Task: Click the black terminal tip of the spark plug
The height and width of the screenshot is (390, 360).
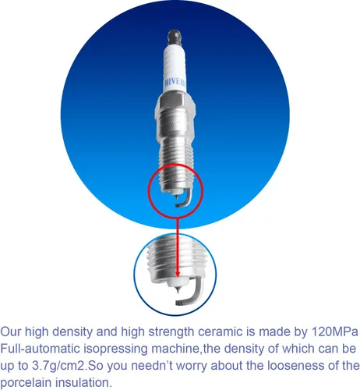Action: click(174, 38)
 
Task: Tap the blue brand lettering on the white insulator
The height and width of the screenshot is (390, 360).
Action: click(175, 83)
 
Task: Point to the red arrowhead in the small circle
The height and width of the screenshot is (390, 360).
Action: click(178, 274)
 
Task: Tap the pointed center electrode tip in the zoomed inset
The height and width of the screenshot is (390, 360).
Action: click(178, 290)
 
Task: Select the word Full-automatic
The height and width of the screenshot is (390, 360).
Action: click(40, 349)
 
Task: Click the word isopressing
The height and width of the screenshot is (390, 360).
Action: click(115, 349)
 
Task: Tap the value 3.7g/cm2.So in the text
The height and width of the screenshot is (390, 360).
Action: click(67, 366)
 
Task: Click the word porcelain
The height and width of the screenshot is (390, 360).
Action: click(26, 383)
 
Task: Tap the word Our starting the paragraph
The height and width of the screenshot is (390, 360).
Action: click(11, 331)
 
